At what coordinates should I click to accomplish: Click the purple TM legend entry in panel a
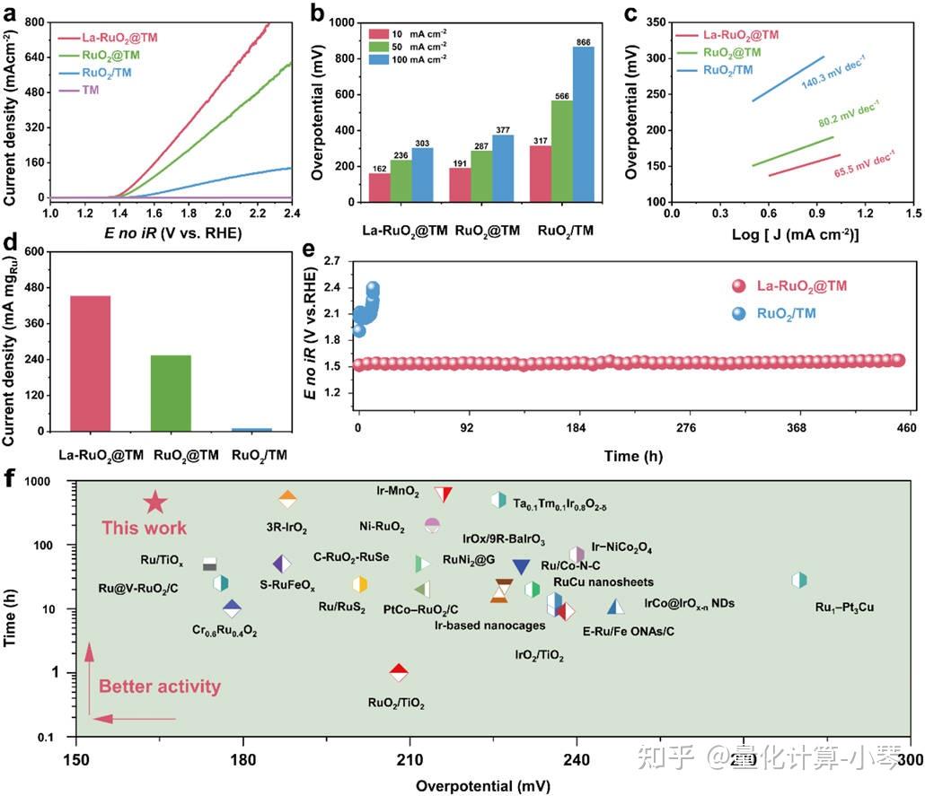tap(91, 90)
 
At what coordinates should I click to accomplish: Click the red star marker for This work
tap(154, 504)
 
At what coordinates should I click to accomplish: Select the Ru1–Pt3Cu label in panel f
tap(844, 608)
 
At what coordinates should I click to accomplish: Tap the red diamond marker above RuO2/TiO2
tap(400, 672)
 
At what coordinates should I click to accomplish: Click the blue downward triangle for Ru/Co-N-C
tap(521, 567)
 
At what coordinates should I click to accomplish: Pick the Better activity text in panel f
tap(159, 687)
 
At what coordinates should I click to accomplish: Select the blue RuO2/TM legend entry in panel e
tap(797, 314)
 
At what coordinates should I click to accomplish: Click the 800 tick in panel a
tap(33, 22)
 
